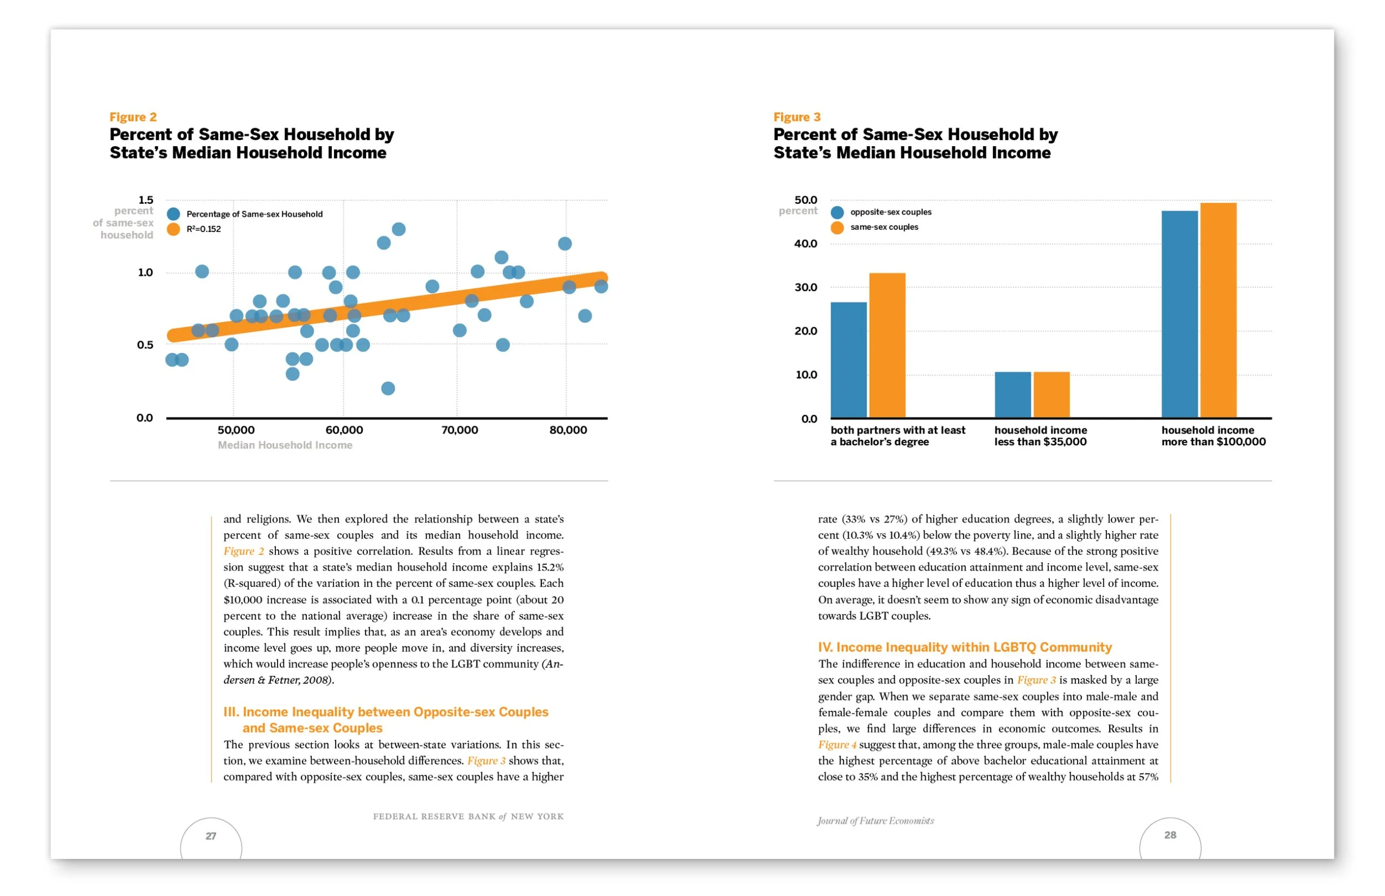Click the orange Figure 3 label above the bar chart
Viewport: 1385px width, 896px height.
tap(797, 117)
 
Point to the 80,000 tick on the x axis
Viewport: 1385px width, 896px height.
tap(568, 430)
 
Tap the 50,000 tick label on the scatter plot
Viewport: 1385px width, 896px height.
tap(235, 430)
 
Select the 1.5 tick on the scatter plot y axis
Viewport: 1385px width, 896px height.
tap(146, 199)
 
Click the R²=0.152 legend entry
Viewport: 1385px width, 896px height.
tap(203, 229)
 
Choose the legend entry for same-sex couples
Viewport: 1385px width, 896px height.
tap(884, 227)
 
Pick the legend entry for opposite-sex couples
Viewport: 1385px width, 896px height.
tap(890, 212)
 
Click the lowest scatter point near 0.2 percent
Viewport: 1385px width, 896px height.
tap(388, 388)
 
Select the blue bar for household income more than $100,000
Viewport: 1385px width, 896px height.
tap(1179, 314)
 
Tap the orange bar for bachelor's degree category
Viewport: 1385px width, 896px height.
tap(887, 345)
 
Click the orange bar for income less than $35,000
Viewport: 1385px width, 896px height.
tap(1051, 394)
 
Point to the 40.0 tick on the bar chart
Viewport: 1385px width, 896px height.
tap(806, 244)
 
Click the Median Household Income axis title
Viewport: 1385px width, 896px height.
tap(285, 445)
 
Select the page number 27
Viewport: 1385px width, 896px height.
tap(211, 836)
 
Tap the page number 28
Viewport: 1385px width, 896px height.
tap(1169, 835)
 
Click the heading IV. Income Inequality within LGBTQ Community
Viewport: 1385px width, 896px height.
tap(965, 647)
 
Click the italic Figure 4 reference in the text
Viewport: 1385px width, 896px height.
tap(837, 745)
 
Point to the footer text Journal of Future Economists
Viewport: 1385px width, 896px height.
tap(875, 821)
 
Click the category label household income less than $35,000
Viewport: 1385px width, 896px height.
tap(1040, 436)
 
